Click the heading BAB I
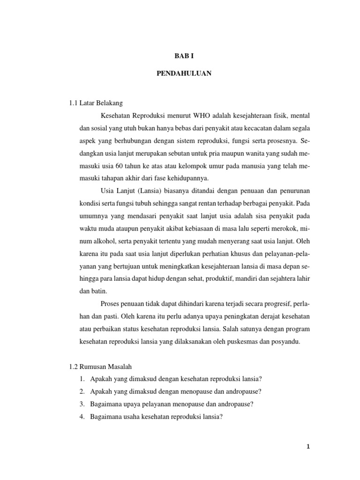point(180,55)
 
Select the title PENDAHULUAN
point(180,74)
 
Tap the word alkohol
point(107,242)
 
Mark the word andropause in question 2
point(244,392)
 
